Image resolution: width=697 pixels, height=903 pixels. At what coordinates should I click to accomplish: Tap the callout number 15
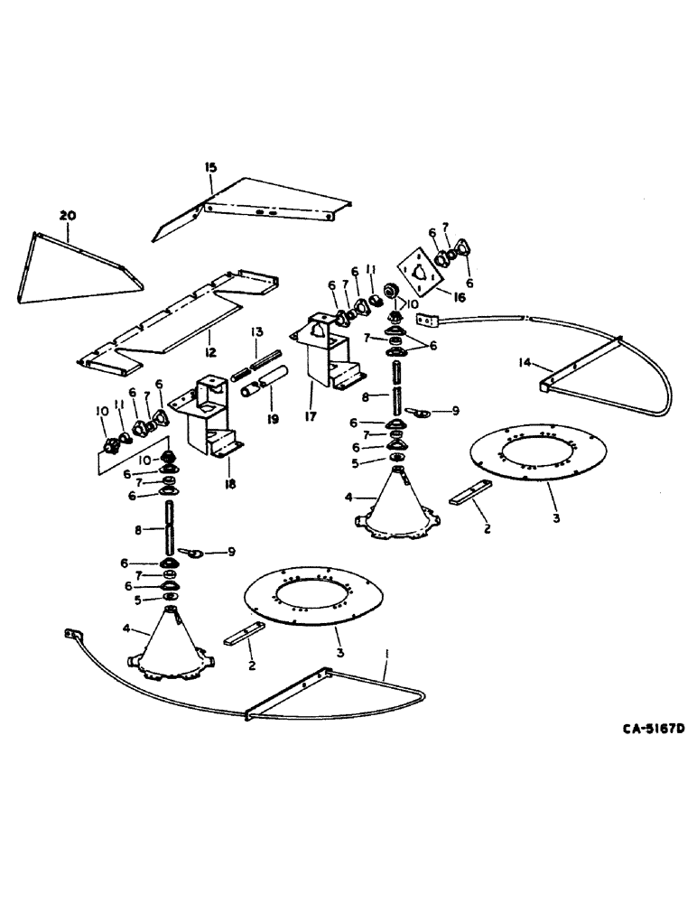pyautogui.click(x=210, y=168)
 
